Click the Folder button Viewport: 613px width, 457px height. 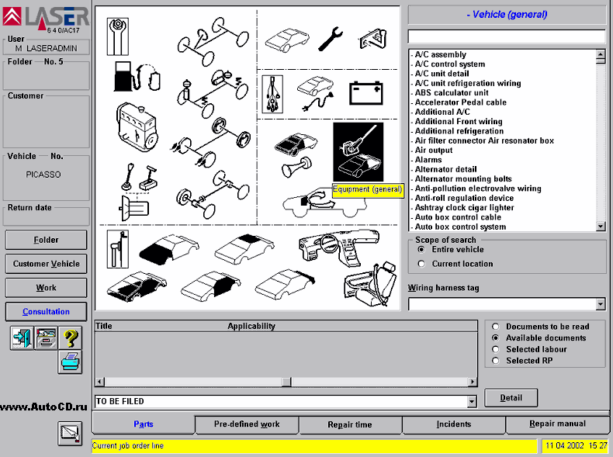pyautogui.click(x=47, y=240)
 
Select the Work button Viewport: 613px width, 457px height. pyautogui.click(x=47, y=288)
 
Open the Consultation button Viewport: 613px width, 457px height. pyautogui.click(x=47, y=312)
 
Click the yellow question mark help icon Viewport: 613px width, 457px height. pyautogui.click(x=70, y=338)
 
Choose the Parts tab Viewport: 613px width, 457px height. pyautogui.click(x=144, y=424)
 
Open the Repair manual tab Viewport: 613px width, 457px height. pyautogui.click(x=557, y=424)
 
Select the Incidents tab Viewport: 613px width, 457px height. pyautogui.click(x=453, y=424)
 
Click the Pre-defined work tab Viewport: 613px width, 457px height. pyautogui.click(x=247, y=424)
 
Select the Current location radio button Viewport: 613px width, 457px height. pyautogui.click(x=421, y=264)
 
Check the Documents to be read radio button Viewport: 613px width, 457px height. pyautogui.click(x=495, y=327)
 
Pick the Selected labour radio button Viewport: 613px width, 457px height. pyautogui.click(x=495, y=349)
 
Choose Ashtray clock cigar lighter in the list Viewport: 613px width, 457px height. pyautogui.click(x=464, y=208)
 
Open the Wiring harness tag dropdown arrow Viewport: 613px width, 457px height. pyautogui.click(x=600, y=304)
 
